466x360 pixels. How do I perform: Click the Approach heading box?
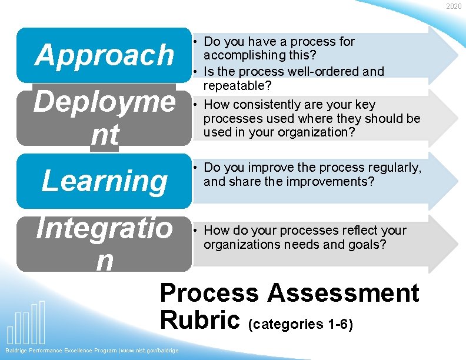(104, 55)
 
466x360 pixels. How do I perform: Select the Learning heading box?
(104, 181)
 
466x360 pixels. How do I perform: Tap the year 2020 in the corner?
(454, 6)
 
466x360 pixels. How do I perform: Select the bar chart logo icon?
(26, 323)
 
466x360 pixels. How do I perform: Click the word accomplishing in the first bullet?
(242, 56)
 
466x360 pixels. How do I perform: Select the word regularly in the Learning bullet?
(391, 168)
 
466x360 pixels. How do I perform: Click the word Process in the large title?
(209, 293)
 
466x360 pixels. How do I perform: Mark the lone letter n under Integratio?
(104, 261)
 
